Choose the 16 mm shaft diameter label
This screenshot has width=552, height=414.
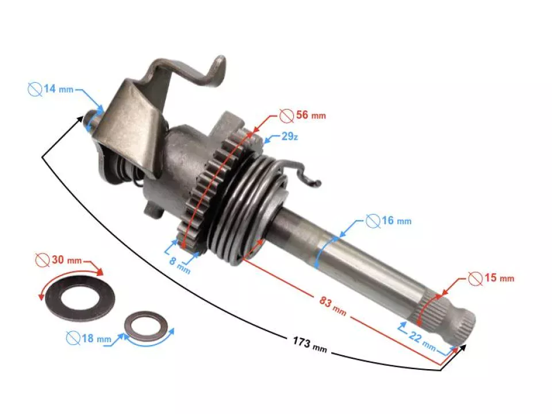(397, 221)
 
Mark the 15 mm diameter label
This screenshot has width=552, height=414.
(499, 278)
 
